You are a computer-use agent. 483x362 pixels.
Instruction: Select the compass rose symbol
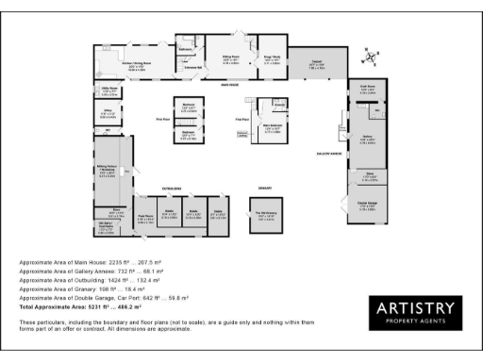pos(375,57)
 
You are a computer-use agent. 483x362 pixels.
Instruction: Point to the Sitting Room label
pos(229,57)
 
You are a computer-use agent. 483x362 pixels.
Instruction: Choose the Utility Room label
pos(108,90)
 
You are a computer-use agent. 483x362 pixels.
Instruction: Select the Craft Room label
pos(369,90)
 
